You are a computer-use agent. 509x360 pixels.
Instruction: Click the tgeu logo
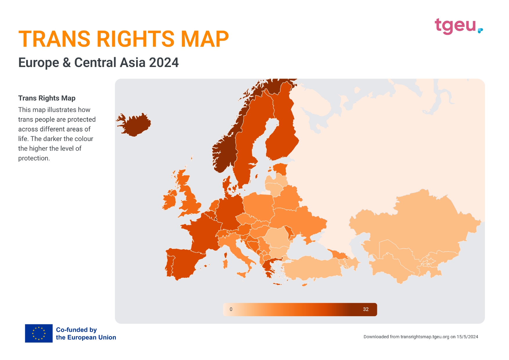click(x=459, y=26)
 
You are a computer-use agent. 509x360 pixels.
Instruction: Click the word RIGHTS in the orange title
click(x=135, y=39)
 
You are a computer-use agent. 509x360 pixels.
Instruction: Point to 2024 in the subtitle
click(x=164, y=62)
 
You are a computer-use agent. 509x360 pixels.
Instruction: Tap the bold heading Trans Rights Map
click(x=47, y=98)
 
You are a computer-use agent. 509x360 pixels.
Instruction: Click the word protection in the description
click(x=33, y=158)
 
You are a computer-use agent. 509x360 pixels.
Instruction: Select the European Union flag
click(x=39, y=333)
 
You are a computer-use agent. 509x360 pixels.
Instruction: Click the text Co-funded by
click(x=76, y=330)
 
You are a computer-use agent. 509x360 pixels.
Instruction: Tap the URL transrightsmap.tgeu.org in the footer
click(x=425, y=337)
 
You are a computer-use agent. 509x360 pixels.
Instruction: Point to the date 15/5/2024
click(x=467, y=337)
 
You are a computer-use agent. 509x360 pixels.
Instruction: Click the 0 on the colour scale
click(x=231, y=309)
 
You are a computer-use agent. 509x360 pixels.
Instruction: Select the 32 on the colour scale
click(x=366, y=309)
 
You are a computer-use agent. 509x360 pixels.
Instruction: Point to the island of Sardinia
click(x=225, y=264)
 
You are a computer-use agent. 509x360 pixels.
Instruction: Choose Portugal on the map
click(x=169, y=266)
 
